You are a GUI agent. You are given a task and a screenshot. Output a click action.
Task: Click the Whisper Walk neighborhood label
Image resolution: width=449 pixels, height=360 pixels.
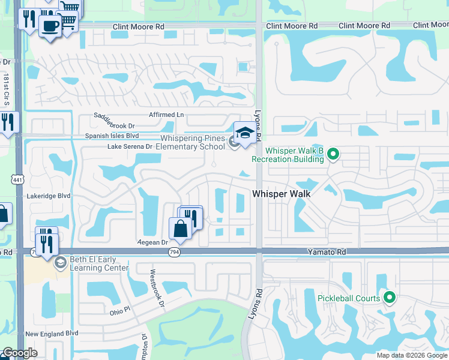coord(281,194)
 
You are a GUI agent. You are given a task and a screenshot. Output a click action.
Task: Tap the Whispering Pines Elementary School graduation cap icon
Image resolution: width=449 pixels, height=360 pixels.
coord(244,133)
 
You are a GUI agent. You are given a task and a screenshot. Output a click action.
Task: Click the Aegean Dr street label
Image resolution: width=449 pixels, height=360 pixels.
coord(151,242)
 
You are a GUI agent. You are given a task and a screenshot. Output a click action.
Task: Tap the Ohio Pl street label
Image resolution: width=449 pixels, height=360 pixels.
coord(119,311)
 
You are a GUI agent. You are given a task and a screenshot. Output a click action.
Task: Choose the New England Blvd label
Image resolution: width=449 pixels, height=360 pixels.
coord(52,333)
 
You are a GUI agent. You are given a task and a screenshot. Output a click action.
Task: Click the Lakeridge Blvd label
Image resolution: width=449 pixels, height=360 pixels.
coord(49,196)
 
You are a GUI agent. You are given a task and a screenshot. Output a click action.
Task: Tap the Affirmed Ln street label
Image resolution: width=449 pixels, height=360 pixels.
coord(166,115)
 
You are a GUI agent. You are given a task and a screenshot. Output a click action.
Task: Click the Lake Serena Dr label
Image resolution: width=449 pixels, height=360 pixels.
coord(130,146)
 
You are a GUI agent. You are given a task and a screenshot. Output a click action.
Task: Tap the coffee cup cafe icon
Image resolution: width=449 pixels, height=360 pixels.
coord(50,26)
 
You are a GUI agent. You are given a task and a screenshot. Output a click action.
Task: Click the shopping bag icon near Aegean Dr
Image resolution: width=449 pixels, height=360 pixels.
coord(180,229)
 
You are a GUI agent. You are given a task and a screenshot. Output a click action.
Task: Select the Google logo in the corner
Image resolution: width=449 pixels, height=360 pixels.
coord(20,353)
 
